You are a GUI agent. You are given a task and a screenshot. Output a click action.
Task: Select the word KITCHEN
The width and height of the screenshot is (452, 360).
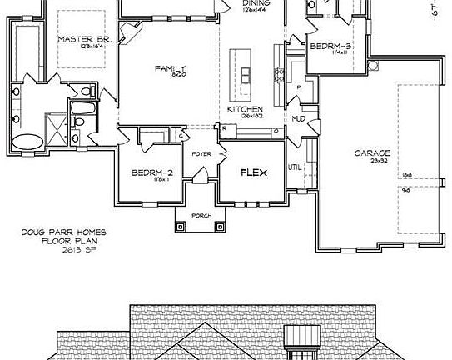click(x=246, y=109)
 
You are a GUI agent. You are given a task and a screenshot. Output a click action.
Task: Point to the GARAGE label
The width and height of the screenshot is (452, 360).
click(x=373, y=153)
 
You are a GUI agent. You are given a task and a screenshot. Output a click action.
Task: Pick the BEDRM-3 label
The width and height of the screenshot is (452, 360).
click(x=328, y=47)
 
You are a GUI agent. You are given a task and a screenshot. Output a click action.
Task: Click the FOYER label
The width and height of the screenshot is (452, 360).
click(x=201, y=154)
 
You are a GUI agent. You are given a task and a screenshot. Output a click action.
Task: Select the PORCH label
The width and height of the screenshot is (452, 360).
click(x=201, y=216)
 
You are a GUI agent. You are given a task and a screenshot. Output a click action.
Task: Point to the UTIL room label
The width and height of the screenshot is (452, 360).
click(x=294, y=167)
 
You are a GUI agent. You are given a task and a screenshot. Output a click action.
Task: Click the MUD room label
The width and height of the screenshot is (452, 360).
click(x=297, y=119)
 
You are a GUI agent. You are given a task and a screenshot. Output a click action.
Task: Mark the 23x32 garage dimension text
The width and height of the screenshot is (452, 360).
click(x=373, y=162)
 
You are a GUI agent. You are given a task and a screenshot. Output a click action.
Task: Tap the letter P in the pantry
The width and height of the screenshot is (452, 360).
click(x=298, y=86)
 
